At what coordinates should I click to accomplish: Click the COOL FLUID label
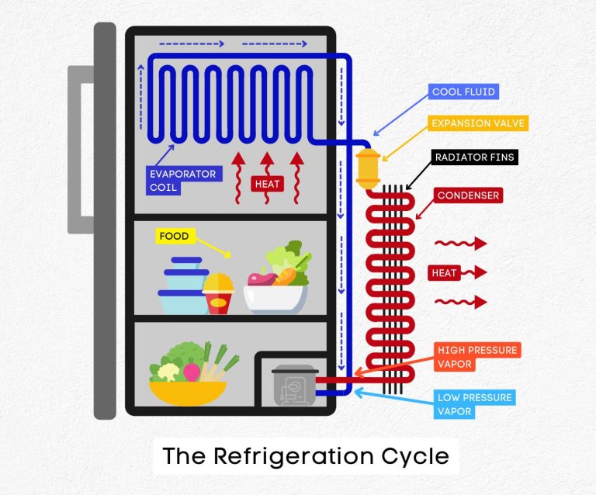coord(463,92)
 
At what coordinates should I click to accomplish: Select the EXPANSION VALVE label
coord(478,123)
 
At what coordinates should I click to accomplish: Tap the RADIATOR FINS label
coord(473,157)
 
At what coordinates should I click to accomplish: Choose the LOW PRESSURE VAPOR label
coord(474,404)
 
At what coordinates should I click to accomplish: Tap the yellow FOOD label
coord(174,236)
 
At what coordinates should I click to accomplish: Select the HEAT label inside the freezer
coord(267,184)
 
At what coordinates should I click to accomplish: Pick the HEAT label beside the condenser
coord(445,272)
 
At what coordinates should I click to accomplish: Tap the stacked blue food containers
coord(183,286)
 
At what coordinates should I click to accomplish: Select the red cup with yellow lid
coord(219,295)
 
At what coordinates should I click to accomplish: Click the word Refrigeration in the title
coord(299,455)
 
